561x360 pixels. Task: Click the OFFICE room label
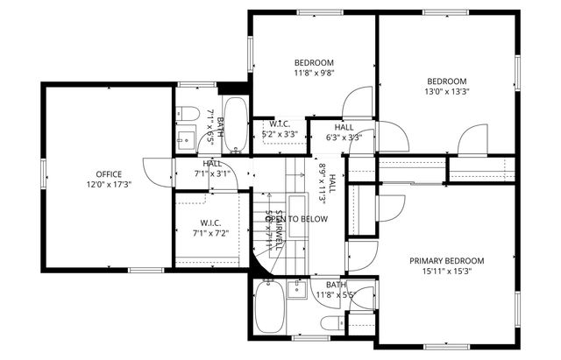click(x=109, y=173)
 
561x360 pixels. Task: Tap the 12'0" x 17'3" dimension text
click(x=109, y=185)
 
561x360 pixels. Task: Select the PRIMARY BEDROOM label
click(x=447, y=261)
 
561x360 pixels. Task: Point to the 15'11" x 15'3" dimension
click(x=447, y=272)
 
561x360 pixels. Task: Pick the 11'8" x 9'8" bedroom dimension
click(x=313, y=74)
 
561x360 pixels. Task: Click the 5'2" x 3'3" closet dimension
click(x=280, y=134)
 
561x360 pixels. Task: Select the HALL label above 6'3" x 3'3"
click(x=344, y=127)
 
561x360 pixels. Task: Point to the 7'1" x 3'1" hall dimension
click(x=212, y=173)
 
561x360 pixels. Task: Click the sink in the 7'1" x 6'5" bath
click(x=186, y=138)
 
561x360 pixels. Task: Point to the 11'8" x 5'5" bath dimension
click(x=335, y=295)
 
